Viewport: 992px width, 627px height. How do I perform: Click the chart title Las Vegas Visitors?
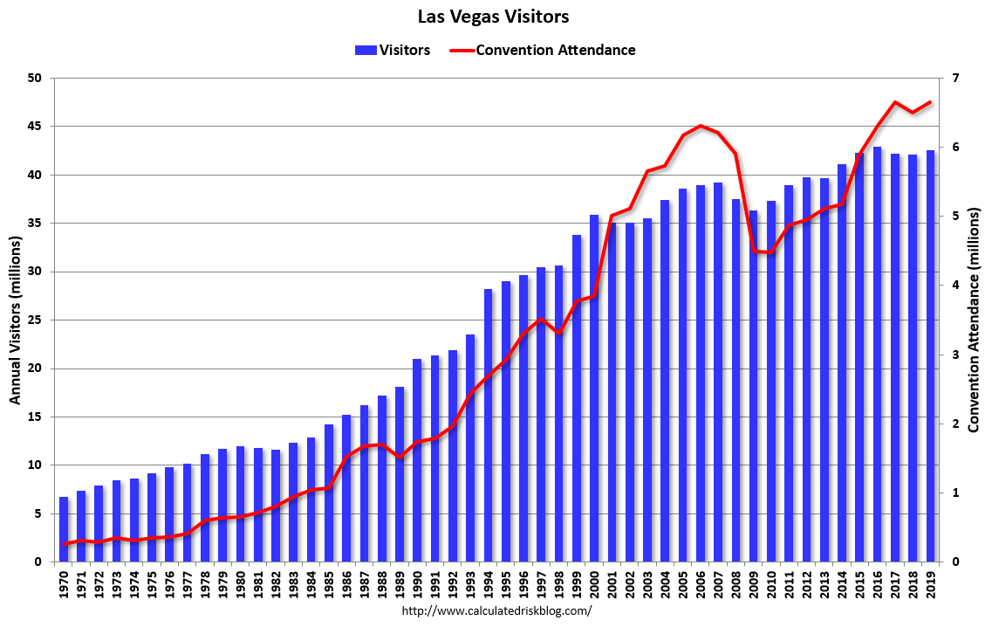point(494,17)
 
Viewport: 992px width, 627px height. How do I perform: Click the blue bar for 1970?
point(64,529)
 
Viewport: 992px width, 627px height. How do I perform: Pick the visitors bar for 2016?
point(878,354)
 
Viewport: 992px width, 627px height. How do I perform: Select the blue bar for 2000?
point(594,388)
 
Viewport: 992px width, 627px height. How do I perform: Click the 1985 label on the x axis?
point(329,584)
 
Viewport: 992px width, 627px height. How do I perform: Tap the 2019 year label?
point(931,584)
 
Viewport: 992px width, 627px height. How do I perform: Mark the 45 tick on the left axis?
point(35,127)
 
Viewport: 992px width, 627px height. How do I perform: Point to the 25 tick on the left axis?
point(35,320)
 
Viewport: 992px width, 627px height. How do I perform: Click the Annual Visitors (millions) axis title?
point(15,320)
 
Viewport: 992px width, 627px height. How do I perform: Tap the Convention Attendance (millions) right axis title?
point(976,320)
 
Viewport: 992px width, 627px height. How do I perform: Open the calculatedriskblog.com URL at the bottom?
point(496,611)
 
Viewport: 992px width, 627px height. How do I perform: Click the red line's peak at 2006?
point(701,126)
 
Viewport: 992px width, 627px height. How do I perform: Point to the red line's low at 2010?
point(771,253)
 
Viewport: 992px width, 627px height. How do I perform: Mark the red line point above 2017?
point(895,102)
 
